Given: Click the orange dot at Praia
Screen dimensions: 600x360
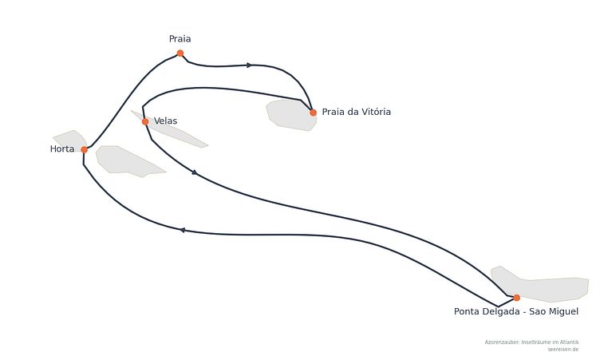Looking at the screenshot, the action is point(180,53).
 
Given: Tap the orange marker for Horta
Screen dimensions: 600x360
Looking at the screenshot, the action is point(85,150).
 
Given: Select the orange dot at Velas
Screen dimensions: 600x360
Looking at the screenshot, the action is point(145,122).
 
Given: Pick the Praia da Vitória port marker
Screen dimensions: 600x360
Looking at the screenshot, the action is point(313,113).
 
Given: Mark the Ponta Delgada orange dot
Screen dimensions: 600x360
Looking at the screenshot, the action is point(516,298).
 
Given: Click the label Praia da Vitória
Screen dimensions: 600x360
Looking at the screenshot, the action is point(356,112).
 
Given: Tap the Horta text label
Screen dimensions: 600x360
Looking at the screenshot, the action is point(62,149).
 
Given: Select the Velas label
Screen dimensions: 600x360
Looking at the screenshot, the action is point(165,121).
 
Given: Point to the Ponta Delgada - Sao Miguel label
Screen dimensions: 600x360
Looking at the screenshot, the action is point(515,311).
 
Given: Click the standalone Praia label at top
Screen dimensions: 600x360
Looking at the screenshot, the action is point(180,38).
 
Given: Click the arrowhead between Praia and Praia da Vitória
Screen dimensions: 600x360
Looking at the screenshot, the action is point(249,65).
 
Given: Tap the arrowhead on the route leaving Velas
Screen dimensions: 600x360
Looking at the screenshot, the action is point(195,172).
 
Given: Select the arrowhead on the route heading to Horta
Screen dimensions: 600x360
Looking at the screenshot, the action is point(183,230).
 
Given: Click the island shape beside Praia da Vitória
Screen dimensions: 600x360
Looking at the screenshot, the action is point(291,115).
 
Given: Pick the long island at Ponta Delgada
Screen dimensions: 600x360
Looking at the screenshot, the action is point(539,284).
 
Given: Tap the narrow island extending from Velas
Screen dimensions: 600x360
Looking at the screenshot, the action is point(169,130).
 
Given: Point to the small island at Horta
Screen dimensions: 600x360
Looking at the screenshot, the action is point(71,140).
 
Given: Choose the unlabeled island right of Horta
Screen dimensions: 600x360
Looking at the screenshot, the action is point(128,161).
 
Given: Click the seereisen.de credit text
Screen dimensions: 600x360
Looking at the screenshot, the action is point(562,350).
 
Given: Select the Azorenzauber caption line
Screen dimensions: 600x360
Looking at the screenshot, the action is point(531,342).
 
